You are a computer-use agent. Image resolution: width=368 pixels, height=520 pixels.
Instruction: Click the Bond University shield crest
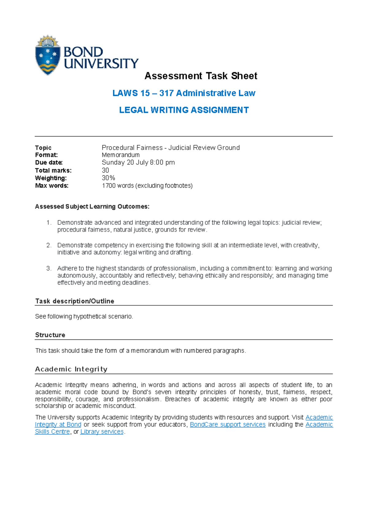(x=48, y=55)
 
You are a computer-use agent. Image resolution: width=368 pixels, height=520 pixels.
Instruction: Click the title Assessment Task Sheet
(x=201, y=76)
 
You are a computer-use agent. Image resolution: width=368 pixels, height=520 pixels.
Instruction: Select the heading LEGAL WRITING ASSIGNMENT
(x=184, y=110)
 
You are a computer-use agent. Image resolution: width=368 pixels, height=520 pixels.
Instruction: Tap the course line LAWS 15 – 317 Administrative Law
(x=184, y=93)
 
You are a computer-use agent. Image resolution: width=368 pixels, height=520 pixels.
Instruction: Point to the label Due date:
(x=49, y=162)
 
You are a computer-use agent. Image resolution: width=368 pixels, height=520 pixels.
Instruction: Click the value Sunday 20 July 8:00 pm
(x=138, y=162)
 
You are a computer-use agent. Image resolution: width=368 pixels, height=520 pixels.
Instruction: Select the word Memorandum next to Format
(x=121, y=155)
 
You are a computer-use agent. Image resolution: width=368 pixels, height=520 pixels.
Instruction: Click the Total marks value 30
(x=105, y=170)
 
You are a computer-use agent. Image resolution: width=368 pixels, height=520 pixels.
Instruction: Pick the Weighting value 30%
(x=108, y=178)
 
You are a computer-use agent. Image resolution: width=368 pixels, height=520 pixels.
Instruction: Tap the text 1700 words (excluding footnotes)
(x=147, y=185)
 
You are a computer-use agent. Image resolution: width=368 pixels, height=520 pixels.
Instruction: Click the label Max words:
(x=52, y=185)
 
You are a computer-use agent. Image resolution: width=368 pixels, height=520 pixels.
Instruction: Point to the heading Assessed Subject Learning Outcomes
(x=92, y=207)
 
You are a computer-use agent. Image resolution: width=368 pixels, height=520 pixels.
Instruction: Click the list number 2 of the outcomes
(x=49, y=245)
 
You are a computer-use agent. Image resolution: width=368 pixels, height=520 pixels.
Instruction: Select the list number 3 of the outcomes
(x=49, y=268)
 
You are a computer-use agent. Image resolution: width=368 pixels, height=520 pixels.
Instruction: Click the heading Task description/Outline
(x=75, y=301)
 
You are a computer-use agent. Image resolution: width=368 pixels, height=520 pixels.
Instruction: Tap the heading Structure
(x=50, y=335)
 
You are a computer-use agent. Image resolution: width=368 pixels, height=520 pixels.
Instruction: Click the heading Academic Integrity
(x=71, y=369)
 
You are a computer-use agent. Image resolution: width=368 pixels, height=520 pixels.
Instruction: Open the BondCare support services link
(x=228, y=424)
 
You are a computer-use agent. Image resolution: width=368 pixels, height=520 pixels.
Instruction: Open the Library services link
(x=102, y=432)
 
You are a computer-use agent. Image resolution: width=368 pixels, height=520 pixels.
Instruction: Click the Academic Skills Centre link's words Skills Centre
(x=52, y=432)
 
